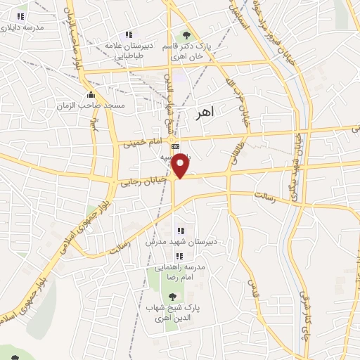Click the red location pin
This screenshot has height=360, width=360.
pyautogui.click(x=181, y=165)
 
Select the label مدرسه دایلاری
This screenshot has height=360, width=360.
pyautogui.click(x=22, y=27)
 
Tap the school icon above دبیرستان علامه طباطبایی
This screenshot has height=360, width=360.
pyautogui.click(x=129, y=34)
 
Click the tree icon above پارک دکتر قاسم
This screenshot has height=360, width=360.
pyautogui.click(x=186, y=34)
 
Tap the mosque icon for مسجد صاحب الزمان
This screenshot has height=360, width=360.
pyautogui.click(x=89, y=95)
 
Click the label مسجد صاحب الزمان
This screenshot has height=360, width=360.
pyautogui.click(x=91, y=105)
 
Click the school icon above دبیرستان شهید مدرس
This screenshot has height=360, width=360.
pyautogui.click(x=180, y=231)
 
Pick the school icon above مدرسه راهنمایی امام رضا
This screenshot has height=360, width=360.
pyautogui.click(x=180, y=255)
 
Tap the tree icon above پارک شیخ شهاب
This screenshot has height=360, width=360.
pyautogui.click(x=173, y=296)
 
